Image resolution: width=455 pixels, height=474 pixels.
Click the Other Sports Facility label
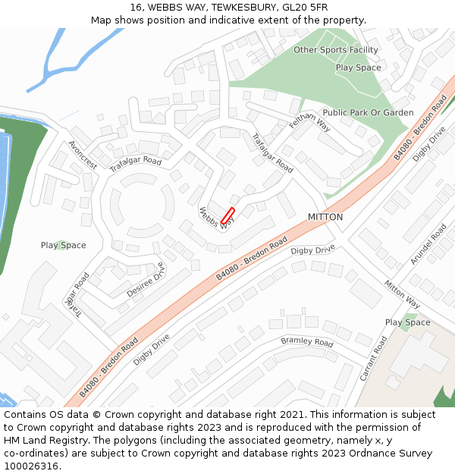(x=335, y=50)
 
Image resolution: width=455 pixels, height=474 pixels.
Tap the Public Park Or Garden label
(x=368, y=113)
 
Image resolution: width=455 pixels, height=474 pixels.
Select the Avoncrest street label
(x=83, y=155)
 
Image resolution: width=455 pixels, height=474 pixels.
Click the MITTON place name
(x=325, y=217)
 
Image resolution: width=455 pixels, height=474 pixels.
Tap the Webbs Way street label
(x=215, y=219)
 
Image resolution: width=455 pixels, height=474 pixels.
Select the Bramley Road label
(x=307, y=342)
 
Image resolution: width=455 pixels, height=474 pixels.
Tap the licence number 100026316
(x=32, y=466)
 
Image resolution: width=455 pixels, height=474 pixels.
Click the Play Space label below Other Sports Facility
(x=358, y=67)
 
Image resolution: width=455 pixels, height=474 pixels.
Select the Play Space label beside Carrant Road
(x=407, y=322)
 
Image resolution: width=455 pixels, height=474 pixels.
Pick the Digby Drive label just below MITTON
(x=312, y=250)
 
